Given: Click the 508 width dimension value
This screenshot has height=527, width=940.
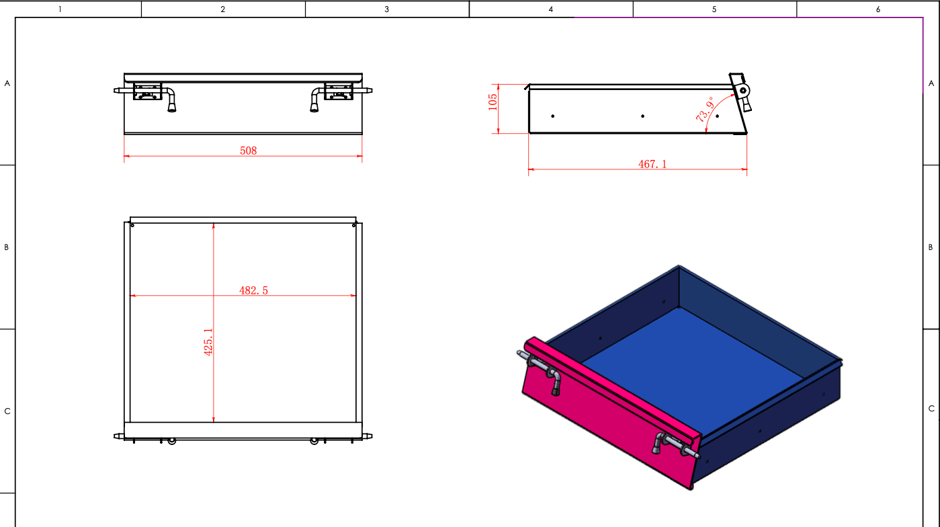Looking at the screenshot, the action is pos(248,151).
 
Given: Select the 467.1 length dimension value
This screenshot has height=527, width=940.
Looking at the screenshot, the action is pos(652,164).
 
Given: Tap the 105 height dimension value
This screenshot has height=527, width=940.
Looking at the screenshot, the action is pos(493,102).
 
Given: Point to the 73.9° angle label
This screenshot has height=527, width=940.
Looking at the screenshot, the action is pos(705,109).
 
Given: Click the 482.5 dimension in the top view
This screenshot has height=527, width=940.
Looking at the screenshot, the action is pos(253,290).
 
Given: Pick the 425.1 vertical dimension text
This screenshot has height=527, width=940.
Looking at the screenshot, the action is pos(208,342).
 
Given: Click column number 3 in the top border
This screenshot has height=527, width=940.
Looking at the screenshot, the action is pos(386,9).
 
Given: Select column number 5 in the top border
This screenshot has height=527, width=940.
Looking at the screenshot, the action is pos(714,9).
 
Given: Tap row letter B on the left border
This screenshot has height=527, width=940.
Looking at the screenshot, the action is pos(6,247).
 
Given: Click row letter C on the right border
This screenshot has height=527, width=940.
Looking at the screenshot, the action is pos(931,409).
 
